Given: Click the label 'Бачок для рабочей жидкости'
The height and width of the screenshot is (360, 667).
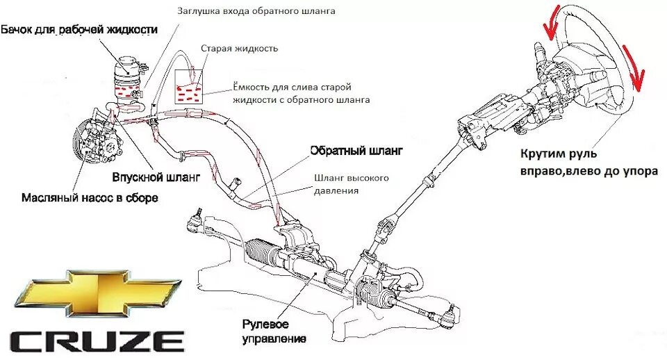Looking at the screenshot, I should (x=79, y=30).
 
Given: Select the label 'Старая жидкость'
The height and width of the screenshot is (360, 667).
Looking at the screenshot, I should (x=239, y=49).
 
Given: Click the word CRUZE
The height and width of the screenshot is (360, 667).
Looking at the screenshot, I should (x=97, y=341).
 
